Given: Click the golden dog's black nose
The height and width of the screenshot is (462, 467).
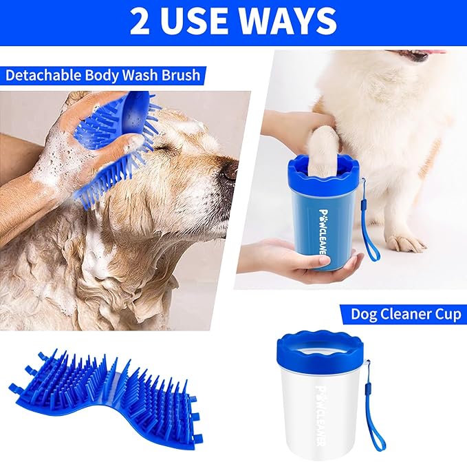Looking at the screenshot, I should click(229, 171).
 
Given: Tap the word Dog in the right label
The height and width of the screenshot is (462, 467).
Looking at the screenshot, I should click(364, 315).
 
